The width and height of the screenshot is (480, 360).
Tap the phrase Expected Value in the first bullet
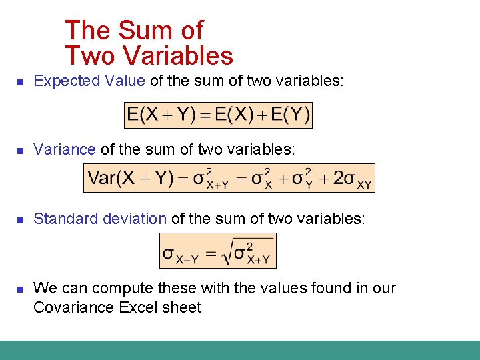[x=89, y=81]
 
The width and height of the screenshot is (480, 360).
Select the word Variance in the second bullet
[x=65, y=149]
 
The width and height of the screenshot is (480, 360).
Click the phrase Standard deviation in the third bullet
[x=100, y=219]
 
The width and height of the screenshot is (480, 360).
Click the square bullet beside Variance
[x=20, y=151]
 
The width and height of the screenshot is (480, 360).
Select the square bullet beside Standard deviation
[x=20, y=220]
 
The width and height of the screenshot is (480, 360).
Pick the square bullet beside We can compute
[x=20, y=289]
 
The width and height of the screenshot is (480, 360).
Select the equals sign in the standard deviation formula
[x=211, y=254]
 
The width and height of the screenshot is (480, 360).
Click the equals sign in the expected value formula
[x=206, y=116]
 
